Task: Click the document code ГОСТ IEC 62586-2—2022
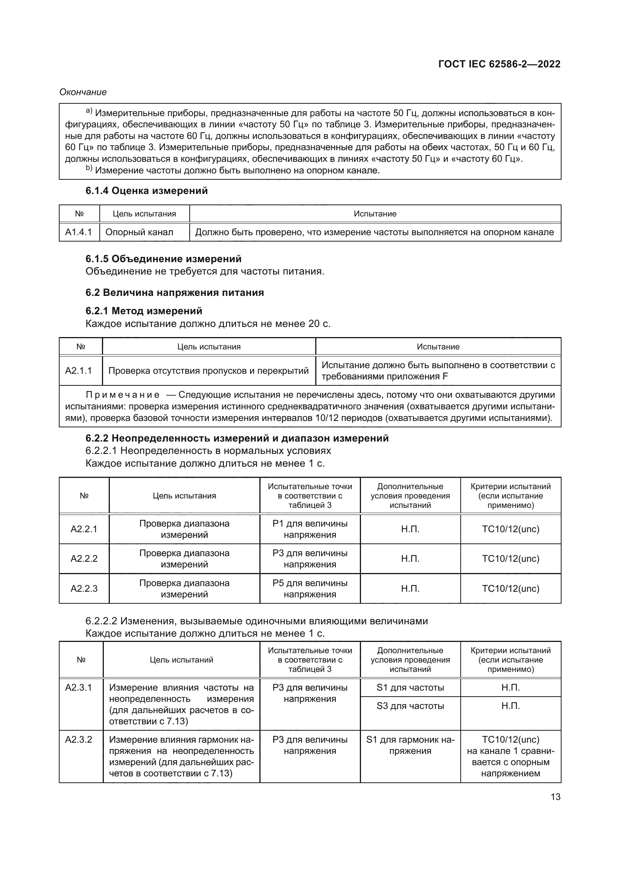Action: pos(499,64)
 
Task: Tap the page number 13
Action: pos(556,797)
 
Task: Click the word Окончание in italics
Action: pos(83,92)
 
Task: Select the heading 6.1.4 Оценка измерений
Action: pos(147,191)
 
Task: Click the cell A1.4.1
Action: pos(79,232)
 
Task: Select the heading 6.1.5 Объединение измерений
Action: pos(163,259)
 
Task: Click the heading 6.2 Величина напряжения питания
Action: pos(174,292)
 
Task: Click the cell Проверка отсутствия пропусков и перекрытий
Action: pos(208,370)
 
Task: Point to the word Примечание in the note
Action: pos(123,395)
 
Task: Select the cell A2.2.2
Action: pos(84,558)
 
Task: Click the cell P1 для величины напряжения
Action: pos(310,529)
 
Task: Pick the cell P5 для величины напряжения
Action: pos(310,588)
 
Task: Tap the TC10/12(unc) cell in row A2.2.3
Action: pos(511,588)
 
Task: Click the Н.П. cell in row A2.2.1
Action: pos(410,529)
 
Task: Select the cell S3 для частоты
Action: pos(410,706)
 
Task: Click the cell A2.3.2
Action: pos(79,739)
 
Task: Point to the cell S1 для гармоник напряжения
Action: pos(410,745)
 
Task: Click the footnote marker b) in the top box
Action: pos(89,168)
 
